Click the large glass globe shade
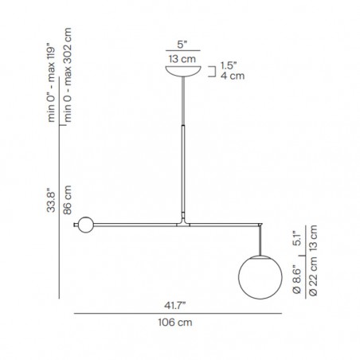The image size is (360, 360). (x=260, y=277)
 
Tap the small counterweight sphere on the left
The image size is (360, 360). (x=86, y=225)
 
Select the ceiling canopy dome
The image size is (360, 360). (x=183, y=71)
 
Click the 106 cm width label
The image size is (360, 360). (x=175, y=323)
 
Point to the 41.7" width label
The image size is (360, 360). (x=174, y=306)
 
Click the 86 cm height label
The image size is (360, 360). (x=68, y=200)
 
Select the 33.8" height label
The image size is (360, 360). (x=51, y=200)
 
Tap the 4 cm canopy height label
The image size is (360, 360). (x=233, y=76)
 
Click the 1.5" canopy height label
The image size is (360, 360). (x=229, y=65)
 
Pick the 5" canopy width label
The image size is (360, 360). (x=182, y=45)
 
